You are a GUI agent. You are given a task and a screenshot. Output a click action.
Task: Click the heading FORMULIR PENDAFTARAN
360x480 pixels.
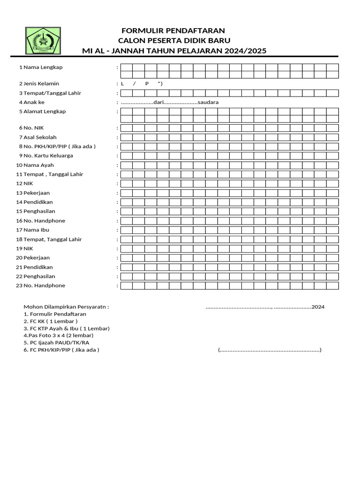[173, 31]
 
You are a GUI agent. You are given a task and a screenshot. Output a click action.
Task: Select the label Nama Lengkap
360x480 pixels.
[43, 67]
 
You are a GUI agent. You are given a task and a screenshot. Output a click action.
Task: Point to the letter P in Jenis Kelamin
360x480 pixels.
[147, 83]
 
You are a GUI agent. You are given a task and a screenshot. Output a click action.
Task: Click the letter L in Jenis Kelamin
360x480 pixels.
[122, 83]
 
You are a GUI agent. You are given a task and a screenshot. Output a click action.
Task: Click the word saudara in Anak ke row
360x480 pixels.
[208, 102]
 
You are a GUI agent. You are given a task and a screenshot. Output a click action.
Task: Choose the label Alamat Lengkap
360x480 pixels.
[45, 112]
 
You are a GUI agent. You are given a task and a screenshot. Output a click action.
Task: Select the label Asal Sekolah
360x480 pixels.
[40, 137]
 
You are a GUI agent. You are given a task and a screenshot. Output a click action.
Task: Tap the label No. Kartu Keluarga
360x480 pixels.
[48, 156]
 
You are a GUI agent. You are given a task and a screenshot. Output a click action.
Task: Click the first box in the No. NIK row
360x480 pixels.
[127, 128]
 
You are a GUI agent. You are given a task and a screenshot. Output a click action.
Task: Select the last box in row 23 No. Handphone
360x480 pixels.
[332, 286]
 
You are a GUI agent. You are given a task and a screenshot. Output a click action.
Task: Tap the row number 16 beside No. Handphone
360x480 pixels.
[19, 221]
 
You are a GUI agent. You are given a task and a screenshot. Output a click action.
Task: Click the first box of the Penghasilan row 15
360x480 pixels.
[127, 211]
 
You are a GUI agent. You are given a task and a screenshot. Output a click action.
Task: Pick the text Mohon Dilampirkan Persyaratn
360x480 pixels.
[66, 307]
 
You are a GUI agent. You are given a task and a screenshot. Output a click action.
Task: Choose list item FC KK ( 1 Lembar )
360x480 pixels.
[51, 322]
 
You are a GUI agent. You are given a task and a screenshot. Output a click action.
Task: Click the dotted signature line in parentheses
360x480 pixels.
[270, 350]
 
